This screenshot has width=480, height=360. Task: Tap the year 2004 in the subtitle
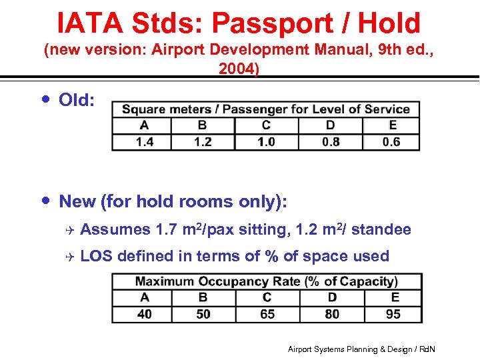tap(238, 69)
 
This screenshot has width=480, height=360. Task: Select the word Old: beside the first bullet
tap(77, 100)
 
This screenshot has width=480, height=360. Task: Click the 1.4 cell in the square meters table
tap(144, 141)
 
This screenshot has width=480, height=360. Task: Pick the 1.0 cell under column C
tap(266, 141)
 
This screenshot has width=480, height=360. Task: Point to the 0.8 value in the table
tap(330, 141)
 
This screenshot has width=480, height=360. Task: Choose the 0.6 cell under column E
tap(391, 141)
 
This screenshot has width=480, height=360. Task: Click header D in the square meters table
tap(330, 125)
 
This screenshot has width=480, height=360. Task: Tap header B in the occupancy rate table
tap(203, 297)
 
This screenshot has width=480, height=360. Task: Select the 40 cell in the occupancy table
tap(144, 313)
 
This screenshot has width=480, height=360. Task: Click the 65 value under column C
tap(267, 313)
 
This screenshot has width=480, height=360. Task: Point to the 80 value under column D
tap(332, 313)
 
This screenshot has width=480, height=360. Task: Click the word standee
tap(381, 230)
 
